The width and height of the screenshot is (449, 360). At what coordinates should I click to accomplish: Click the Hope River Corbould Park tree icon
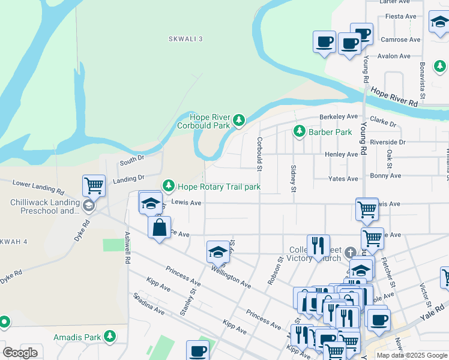pos(239,121)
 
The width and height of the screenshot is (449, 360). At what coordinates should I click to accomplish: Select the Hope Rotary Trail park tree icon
pos(169,187)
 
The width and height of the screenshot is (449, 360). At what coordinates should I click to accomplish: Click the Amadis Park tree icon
pos(110,337)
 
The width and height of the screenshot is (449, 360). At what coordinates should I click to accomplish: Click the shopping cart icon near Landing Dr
pos(94,185)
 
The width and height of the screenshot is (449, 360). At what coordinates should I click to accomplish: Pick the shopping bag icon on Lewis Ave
pos(159,228)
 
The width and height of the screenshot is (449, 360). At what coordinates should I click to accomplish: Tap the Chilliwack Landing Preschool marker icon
pos(88,206)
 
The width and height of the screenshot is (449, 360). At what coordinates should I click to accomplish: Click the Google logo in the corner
pos(20,353)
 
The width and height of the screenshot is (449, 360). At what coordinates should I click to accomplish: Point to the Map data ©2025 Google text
pos(412,355)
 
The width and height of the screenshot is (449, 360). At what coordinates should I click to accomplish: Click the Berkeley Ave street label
pos(339,116)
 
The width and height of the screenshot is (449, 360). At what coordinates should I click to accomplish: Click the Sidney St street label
pos(293,179)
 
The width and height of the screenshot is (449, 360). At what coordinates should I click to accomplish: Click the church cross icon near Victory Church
pos(350,253)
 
